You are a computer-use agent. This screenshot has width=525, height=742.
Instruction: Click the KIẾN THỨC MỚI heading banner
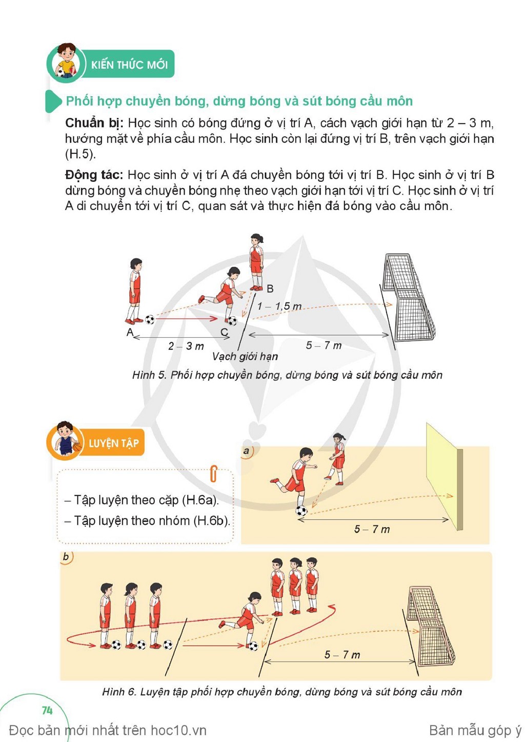(x=128, y=64)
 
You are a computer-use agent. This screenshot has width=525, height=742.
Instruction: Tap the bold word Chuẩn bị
(x=94, y=123)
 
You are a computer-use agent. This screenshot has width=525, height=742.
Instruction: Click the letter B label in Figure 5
(x=270, y=288)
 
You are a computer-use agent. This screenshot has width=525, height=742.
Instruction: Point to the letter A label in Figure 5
(x=130, y=332)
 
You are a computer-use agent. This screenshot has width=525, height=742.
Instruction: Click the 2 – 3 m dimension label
(x=186, y=346)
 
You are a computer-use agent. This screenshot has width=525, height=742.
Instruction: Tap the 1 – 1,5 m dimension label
(x=279, y=306)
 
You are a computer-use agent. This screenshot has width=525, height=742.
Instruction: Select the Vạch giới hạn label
(x=245, y=357)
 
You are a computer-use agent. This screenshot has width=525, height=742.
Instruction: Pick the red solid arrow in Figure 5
(x=186, y=319)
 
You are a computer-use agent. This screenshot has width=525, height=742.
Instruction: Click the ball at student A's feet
(x=150, y=320)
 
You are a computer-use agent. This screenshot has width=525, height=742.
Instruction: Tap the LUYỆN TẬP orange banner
(x=113, y=443)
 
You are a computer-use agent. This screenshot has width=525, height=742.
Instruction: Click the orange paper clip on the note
(x=214, y=473)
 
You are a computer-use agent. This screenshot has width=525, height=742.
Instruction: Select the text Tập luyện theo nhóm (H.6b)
(x=148, y=521)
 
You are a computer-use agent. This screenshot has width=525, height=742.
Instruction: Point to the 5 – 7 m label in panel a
(x=372, y=529)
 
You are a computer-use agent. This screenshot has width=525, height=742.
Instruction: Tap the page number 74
(x=47, y=710)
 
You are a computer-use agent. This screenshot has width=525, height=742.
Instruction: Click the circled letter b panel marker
(x=66, y=557)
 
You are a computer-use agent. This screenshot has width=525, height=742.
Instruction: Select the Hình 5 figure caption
(x=287, y=375)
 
